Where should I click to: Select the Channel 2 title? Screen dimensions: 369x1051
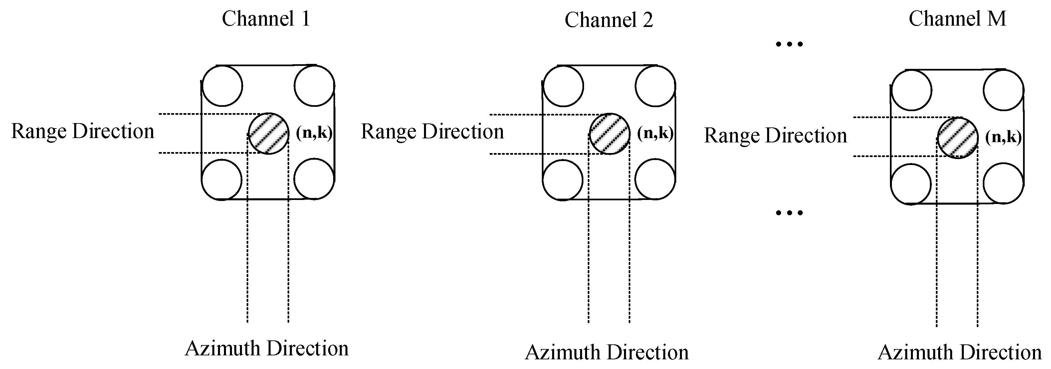point(608,20)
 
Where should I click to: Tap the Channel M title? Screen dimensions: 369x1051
point(957,19)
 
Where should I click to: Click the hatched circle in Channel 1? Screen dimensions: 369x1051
point(269,134)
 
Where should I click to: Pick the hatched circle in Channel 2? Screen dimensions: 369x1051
point(610,134)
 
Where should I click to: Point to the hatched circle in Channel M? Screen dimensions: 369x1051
point(957,138)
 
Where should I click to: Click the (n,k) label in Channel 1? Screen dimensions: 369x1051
point(314,132)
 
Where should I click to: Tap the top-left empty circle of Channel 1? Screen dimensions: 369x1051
point(222,86)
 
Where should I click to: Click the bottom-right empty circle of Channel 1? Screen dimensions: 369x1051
point(314,179)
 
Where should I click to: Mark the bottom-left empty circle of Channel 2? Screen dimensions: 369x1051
point(563,180)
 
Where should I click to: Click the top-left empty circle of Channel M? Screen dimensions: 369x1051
point(911,90)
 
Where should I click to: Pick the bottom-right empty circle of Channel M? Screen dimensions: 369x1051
point(1003,183)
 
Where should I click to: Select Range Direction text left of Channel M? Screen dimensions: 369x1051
point(775,136)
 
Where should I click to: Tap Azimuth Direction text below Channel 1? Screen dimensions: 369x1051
point(267,349)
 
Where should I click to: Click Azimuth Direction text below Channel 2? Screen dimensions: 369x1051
point(606,353)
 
